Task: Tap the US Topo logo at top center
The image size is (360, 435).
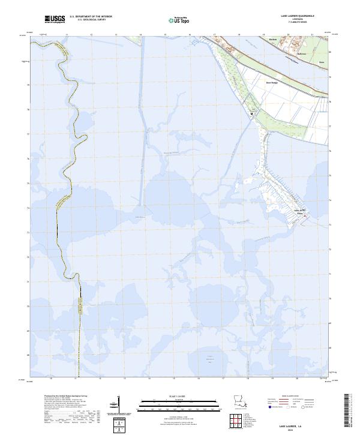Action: click(174, 20)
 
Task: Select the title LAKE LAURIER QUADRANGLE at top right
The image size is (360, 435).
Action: click(298, 17)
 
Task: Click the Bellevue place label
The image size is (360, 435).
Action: click(302, 54)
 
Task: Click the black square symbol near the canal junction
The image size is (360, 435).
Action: click(252, 113)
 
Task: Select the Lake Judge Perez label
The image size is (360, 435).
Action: click(301, 212)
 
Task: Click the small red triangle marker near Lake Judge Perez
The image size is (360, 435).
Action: click(304, 217)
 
